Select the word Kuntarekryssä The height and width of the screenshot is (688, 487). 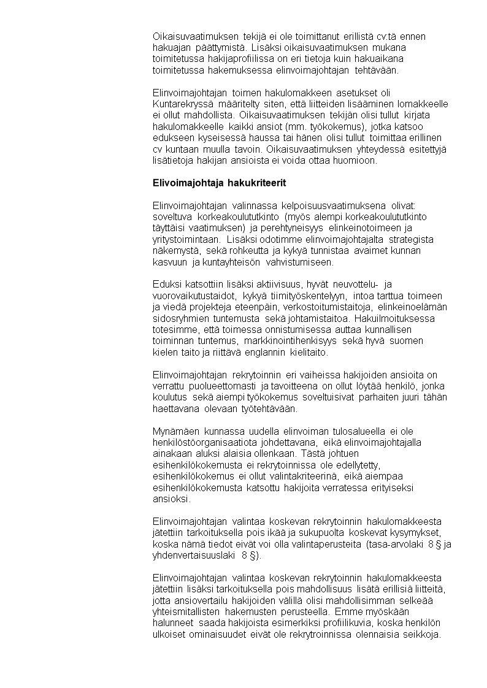pos(180,104)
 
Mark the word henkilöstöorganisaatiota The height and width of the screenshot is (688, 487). pos(204,443)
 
